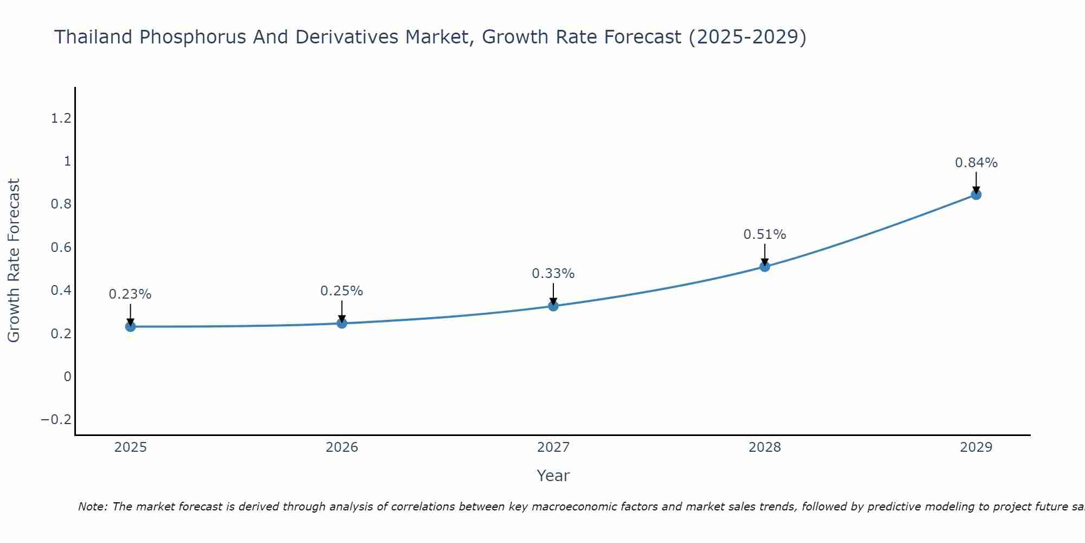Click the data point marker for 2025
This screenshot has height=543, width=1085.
tap(130, 326)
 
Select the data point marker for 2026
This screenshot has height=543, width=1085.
tap(342, 323)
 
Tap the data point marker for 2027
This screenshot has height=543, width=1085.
tap(553, 306)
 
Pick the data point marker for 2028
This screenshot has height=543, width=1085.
tap(765, 266)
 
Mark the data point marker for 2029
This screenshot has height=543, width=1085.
tap(976, 194)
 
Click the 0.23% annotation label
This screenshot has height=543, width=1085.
tap(130, 294)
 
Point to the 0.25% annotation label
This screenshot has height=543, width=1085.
tap(342, 291)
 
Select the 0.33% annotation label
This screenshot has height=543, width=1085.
tap(553, 274)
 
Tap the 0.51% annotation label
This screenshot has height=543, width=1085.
tap(765, 235)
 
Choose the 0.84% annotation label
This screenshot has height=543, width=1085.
tap(976, 163)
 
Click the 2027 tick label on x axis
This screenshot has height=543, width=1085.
tap(553, 447)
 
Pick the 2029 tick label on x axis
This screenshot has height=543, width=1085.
tap(976, 447)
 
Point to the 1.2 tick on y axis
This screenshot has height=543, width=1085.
tap(61, 118)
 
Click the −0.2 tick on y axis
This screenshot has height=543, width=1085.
tap(56, 420)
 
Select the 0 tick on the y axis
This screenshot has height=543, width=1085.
tap(67, 377)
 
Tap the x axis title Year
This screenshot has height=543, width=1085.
tap(553, 476)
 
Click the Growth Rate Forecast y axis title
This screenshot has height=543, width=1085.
tap(14, 261)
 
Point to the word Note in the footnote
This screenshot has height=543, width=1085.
tap(92, 507)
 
